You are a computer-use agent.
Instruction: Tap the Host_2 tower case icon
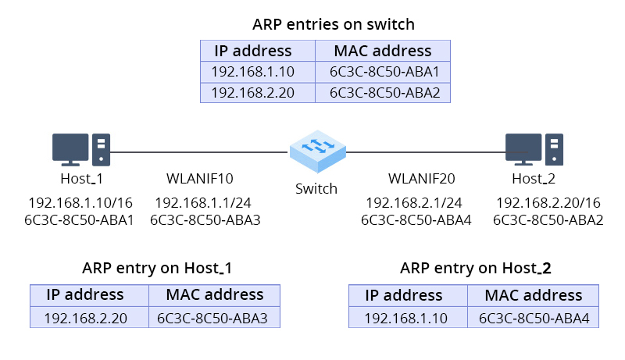pyautogui.click(x=554, y=149)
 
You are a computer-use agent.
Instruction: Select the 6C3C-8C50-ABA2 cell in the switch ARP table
pyautogui.click(x=383, y=92)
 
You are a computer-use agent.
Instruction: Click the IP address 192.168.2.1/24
pyautogui.click(x=416, y=202)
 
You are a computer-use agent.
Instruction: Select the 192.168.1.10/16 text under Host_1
pyautogui.click(x=80, y=202)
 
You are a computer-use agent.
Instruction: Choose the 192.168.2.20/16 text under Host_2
pyautogui.click(x=548, y=202)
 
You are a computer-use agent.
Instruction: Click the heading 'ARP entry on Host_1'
pyautogui.click(x=157, y=269)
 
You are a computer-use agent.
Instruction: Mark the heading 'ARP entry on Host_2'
pyautogui.click(x=476, y=269)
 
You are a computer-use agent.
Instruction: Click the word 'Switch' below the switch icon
pyautogui.click(x=316, y=189)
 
